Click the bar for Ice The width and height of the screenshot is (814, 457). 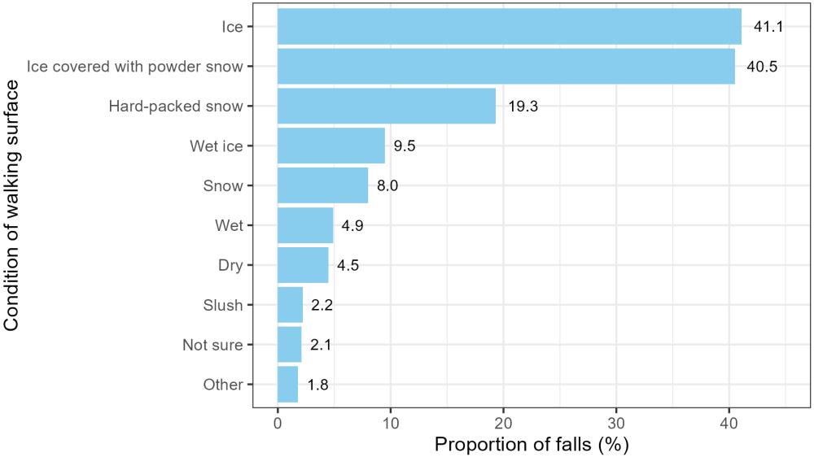[510, 27]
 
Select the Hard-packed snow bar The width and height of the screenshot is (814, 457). [387, 106]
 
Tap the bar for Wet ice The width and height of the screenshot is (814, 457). [331, 146]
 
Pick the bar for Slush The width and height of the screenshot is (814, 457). [291, 305]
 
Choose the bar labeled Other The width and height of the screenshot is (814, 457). [288, 385]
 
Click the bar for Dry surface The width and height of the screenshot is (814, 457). [303, 265]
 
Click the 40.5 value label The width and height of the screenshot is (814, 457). [762, 67]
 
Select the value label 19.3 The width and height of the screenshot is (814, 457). [523, 107]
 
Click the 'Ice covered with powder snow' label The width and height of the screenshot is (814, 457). [134, 67]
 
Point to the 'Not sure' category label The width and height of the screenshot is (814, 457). [212, 346]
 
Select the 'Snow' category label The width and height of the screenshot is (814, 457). [223, 186]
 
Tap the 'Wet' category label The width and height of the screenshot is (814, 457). [229, 226]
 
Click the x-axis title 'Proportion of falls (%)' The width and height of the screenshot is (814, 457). [532, 445]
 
